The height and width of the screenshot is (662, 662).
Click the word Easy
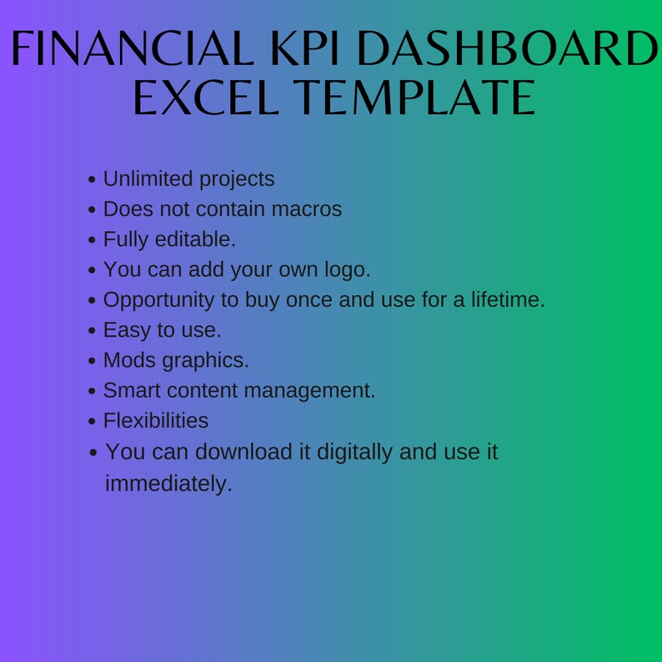click(126, 330)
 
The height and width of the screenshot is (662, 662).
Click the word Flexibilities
click(156, 420)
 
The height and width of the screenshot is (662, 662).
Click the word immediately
click(168, 483)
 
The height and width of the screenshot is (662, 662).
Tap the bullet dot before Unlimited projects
click(93, 180)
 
